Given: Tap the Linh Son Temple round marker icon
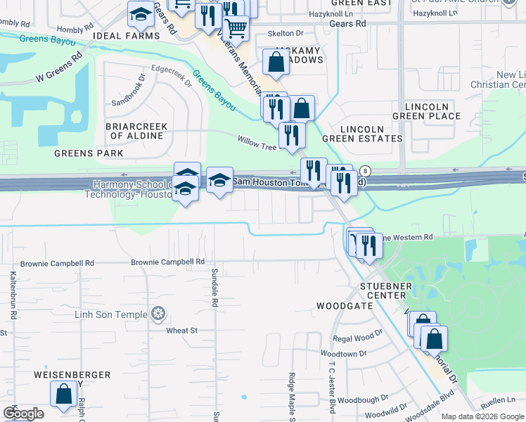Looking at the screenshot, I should click(x=159, y=312).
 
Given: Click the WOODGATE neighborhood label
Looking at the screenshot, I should click(x=345, y=306).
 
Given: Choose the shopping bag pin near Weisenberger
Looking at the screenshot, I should click(x=64, y=395).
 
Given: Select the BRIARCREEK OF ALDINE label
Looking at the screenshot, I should click(x=136, y=131).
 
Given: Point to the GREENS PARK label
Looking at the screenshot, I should click(x=89, y=153).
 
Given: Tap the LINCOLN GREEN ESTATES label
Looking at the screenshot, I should click(x=372, y=134).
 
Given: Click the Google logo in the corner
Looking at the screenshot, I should click(x=24, y=414).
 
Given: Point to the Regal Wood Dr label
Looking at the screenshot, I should click(x=357, y=338).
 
